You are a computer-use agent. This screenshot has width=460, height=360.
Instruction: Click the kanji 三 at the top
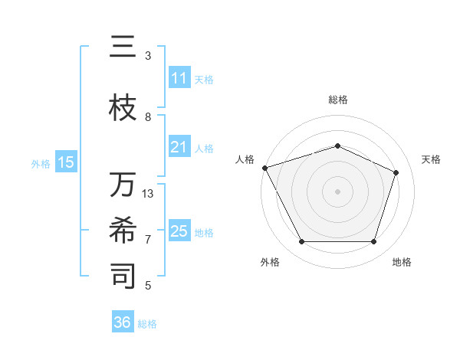coord(123,47)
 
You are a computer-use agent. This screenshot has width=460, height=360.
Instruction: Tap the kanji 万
coord(123,185)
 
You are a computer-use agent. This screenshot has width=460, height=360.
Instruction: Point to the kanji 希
coord(123,231)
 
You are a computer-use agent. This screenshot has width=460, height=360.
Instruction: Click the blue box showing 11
coord(179,78)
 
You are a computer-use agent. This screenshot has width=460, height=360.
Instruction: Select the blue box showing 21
coord(179,147)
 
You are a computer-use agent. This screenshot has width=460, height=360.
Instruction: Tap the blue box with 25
coord(179,231)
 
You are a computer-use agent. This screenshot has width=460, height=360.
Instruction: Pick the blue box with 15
coord(66,162)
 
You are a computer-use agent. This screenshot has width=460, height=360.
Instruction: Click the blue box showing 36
coord(123,322)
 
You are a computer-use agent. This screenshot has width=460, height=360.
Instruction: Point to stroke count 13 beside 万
coord(148,193)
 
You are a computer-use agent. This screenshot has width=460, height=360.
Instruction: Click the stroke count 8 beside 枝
coord(148,116)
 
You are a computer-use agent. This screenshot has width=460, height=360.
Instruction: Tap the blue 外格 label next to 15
coord(41,163)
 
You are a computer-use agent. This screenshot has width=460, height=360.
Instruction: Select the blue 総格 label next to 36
coord(147,324)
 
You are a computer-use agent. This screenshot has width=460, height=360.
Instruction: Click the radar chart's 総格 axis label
coord(338,100)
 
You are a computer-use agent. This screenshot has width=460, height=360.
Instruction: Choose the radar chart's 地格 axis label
coord(402,263)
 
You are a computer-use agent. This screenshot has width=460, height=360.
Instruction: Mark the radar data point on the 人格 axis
coord(264,168)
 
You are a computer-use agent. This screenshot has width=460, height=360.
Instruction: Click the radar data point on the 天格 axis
coord(396,172)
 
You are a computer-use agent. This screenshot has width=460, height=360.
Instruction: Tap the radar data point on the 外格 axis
coord(301,242)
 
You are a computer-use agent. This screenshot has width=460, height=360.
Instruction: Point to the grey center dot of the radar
coord(338,191)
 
